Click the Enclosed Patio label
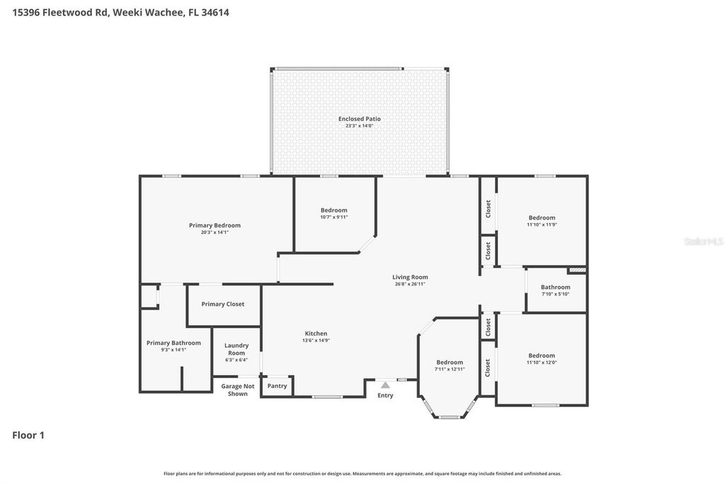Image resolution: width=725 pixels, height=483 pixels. [359, 119]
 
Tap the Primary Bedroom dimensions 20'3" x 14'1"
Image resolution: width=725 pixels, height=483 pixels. [215, 232]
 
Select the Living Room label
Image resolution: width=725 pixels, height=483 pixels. [410, 277]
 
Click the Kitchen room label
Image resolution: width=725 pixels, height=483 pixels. [316, 334]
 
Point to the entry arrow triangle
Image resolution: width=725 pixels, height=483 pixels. [385, 385]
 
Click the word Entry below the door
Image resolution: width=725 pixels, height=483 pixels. [385, 396]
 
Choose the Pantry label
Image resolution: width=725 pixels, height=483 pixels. [277, 386]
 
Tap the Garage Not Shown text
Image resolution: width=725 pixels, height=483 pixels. [238, 390]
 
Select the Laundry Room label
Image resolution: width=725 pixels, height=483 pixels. [236, 349]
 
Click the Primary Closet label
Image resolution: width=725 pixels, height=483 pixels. [222, 304]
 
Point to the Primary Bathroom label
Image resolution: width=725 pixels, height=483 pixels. [173, 343]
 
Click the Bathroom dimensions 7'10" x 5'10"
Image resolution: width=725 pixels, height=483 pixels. [555, 294]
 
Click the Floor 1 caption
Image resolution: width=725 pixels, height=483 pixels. [28, 436]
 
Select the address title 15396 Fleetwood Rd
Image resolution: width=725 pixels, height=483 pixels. [61, 12]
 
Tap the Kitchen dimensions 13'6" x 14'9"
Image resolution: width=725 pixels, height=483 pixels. [316, 341]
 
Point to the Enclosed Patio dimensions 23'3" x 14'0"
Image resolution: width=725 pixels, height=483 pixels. [359, 126]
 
